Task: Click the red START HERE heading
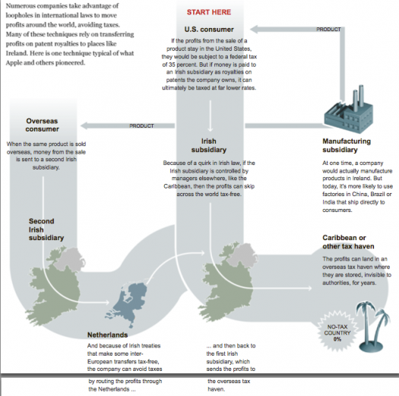[209, 12]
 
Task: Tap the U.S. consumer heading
[209, 30]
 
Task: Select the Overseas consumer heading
[42, 125]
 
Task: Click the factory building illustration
[348, 110]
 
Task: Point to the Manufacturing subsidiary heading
[347, 145]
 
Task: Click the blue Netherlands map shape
[126, 305]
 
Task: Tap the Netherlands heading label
[107, 335]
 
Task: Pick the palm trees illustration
[372, 327]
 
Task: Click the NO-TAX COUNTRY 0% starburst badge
[337, 333]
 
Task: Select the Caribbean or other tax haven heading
[348, 242]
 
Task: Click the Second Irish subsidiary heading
[46, 230]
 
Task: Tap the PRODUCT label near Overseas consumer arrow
[141, 126]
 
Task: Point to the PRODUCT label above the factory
[328, 30]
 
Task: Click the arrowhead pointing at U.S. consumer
[255, 30]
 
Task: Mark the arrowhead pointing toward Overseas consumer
[84, 125]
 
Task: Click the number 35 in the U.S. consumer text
[172, 65]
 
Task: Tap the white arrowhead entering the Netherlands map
[108, 303]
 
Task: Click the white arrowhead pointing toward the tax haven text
[310, 288]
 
